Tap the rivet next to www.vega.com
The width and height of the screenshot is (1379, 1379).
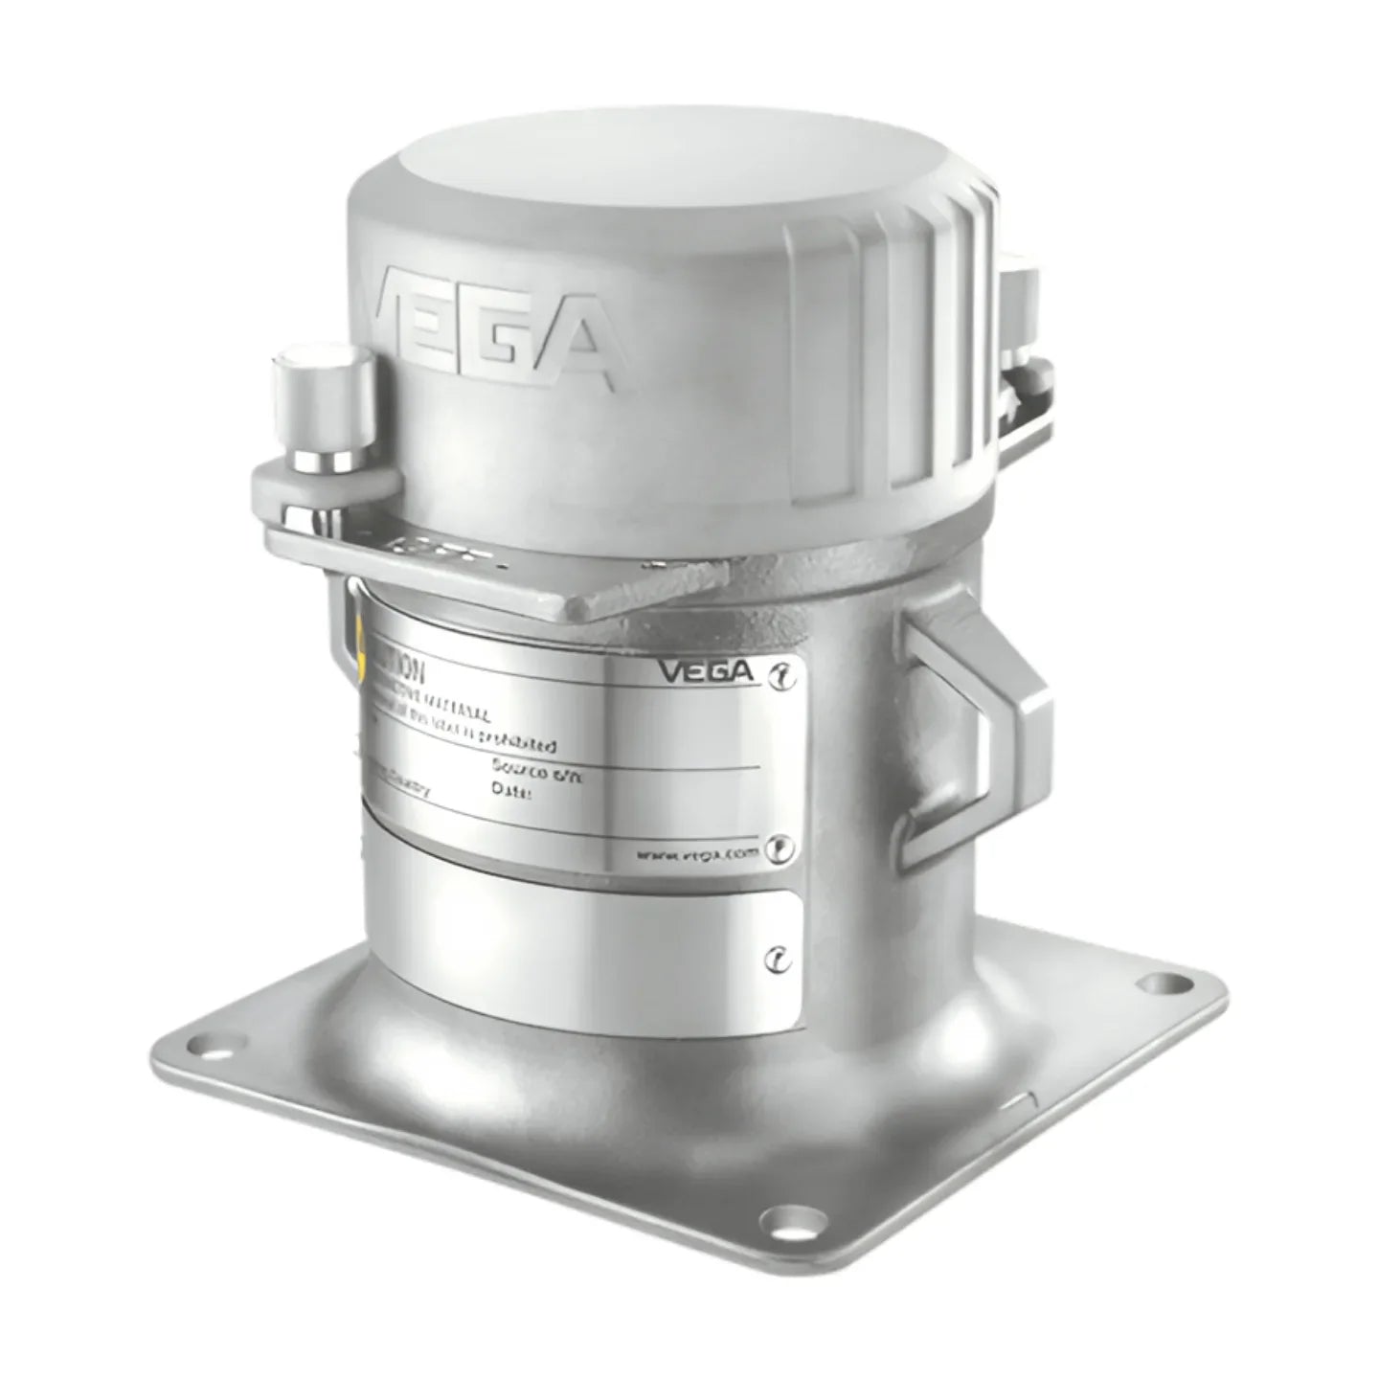click(x=782, y=848)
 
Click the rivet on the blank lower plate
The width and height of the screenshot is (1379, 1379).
click(x=780, y=960)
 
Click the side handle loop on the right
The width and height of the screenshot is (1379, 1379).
click(x=977, y=728)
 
